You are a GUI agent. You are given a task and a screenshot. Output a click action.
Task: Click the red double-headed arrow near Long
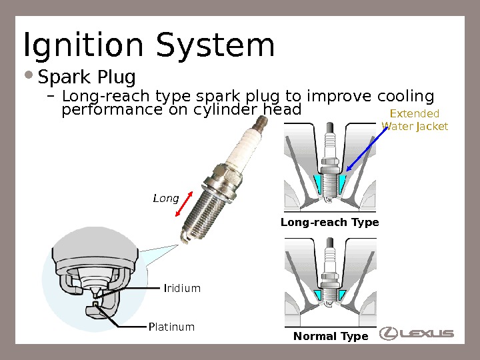(185, 203)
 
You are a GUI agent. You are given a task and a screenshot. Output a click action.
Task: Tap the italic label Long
(165, 198)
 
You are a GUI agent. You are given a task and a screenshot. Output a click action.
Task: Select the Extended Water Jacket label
(414, 119)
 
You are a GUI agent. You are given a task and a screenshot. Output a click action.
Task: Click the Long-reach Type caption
(330, 222)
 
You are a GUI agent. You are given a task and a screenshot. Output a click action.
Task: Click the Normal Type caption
(331, 337)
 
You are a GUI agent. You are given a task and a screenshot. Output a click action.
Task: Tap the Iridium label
(182, 288)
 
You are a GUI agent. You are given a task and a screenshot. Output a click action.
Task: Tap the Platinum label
(171, 327)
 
